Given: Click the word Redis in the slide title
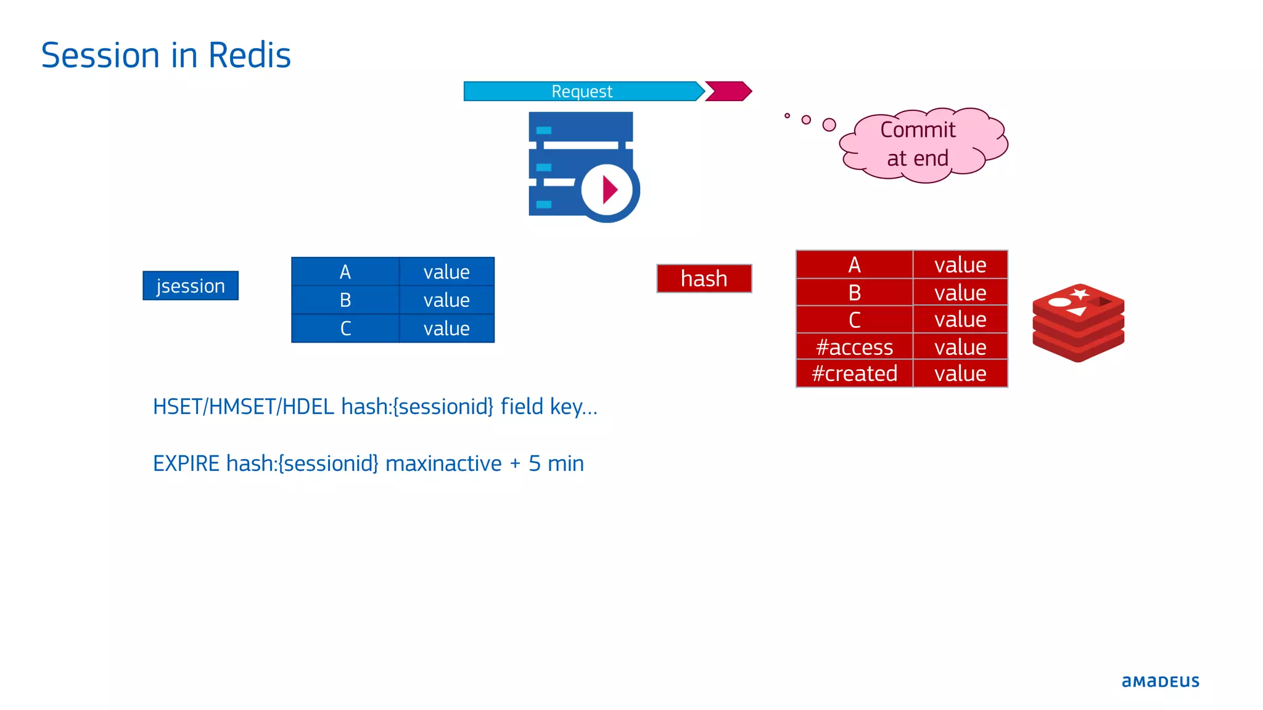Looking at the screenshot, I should click(249, 55).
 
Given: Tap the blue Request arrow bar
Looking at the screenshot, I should click(582, 91).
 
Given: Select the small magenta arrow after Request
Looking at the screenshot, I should click(728, 91).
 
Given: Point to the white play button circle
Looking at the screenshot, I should click(607, 190).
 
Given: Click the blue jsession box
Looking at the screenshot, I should click(191, 286).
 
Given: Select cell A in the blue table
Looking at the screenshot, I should click(345, 272).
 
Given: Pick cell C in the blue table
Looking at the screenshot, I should click(345, 328).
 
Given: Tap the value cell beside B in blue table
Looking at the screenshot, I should click(446, 300).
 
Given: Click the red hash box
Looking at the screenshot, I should click(704, 279).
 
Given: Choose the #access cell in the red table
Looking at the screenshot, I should click(854, 347).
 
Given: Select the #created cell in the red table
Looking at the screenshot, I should click(854, 373).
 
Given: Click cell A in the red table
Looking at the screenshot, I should click(854, 265).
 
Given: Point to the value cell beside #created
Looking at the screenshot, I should click(960, 373).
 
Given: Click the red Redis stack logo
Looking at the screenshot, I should click(1078, 322).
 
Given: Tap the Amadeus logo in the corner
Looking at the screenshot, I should click(1160, 681).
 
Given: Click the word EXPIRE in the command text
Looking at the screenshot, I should click(186, 463).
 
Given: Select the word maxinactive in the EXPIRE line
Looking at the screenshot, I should click(443, 463).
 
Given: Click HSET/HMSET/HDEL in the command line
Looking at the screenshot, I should click(244, 407).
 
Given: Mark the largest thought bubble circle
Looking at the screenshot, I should click(829, 124).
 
